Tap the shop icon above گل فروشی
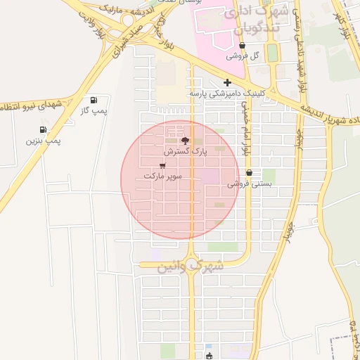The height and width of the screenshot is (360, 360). pos(243,45)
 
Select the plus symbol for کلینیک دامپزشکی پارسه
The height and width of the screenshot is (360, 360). pos(227,82)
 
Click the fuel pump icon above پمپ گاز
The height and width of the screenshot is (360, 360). pos(94,100)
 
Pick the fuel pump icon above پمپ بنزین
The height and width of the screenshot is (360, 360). pos(44,130)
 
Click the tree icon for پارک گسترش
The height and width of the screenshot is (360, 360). pos(186,141)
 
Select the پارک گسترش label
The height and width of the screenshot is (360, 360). pos(184,151)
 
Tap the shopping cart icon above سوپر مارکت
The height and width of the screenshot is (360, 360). pos(163,166)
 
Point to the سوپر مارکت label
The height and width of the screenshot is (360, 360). pos(162,176)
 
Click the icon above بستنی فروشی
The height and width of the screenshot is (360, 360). pos(250,173)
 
